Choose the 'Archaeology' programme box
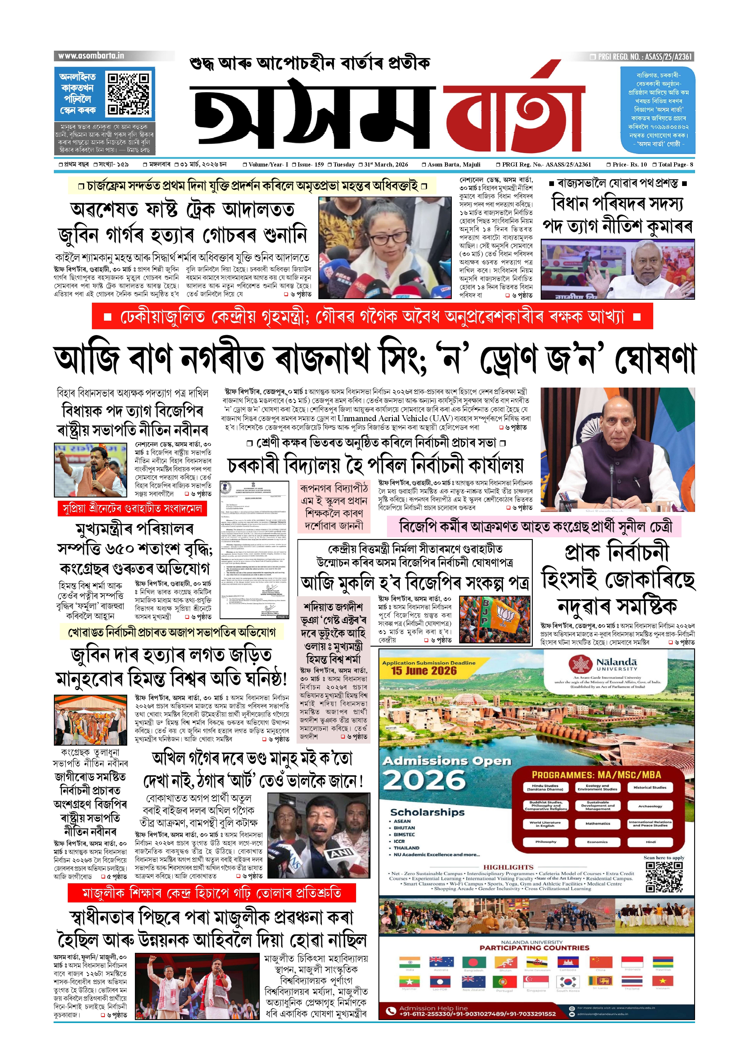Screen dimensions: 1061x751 [x=650, y=806]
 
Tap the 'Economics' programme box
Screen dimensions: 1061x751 [x=598, y=842]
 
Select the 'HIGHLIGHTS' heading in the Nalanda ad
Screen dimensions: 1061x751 [x=508, y=867]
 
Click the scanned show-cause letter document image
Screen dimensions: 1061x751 [x=254, y=550]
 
